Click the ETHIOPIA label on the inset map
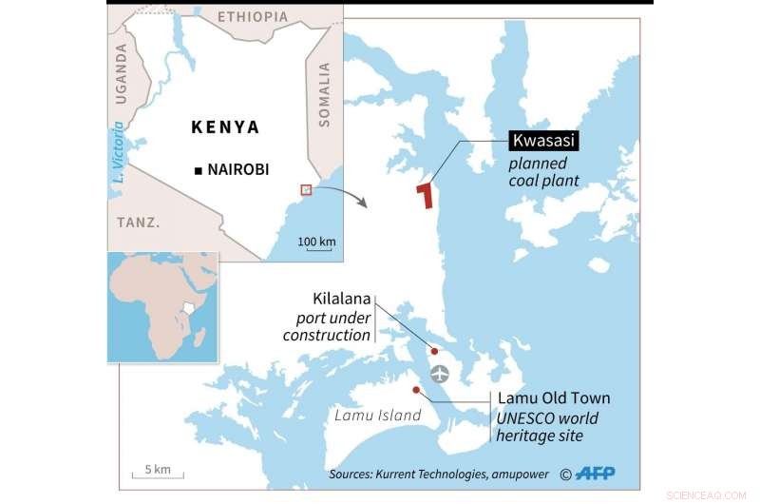point(253,17)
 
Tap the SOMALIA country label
point(324,94)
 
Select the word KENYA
point(225,126)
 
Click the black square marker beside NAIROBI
point(197,170)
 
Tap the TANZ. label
point(138,222)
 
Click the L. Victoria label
point(118,153)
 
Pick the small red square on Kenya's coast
point(306,189)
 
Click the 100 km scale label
point(316,242)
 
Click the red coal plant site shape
point(426,195)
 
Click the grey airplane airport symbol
point(440,373)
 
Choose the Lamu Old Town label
point(554,398)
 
